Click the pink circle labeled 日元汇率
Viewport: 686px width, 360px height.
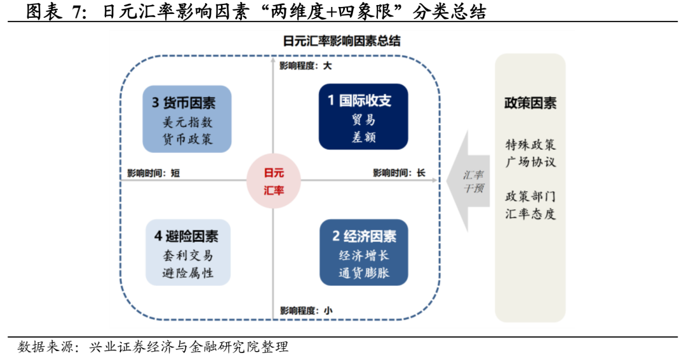tap(274, 181)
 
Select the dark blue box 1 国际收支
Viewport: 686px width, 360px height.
tap(363, 118)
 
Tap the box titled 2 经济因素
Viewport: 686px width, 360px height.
tap(363, 253)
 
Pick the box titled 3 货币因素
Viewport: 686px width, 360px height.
tap(187, 119)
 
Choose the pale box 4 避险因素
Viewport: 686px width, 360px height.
tap(187, 253)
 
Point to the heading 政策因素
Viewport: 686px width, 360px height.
tap(530, 103)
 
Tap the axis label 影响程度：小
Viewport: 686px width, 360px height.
tap(306, 310)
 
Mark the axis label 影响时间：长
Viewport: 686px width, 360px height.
tap(399, 173)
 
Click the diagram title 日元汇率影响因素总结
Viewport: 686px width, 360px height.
tap(342, 41)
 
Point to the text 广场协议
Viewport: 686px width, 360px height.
tap(530, 161)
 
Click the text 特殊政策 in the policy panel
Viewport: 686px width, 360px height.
tap(530, 145)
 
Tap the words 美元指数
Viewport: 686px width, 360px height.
tap(187, 123)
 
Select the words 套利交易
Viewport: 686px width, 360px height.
tap(187, 257)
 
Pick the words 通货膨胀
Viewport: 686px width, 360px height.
tap(363, 274)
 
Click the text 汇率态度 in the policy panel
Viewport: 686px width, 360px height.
tap(530, 213)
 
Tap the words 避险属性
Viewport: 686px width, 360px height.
tap(187, 273)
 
